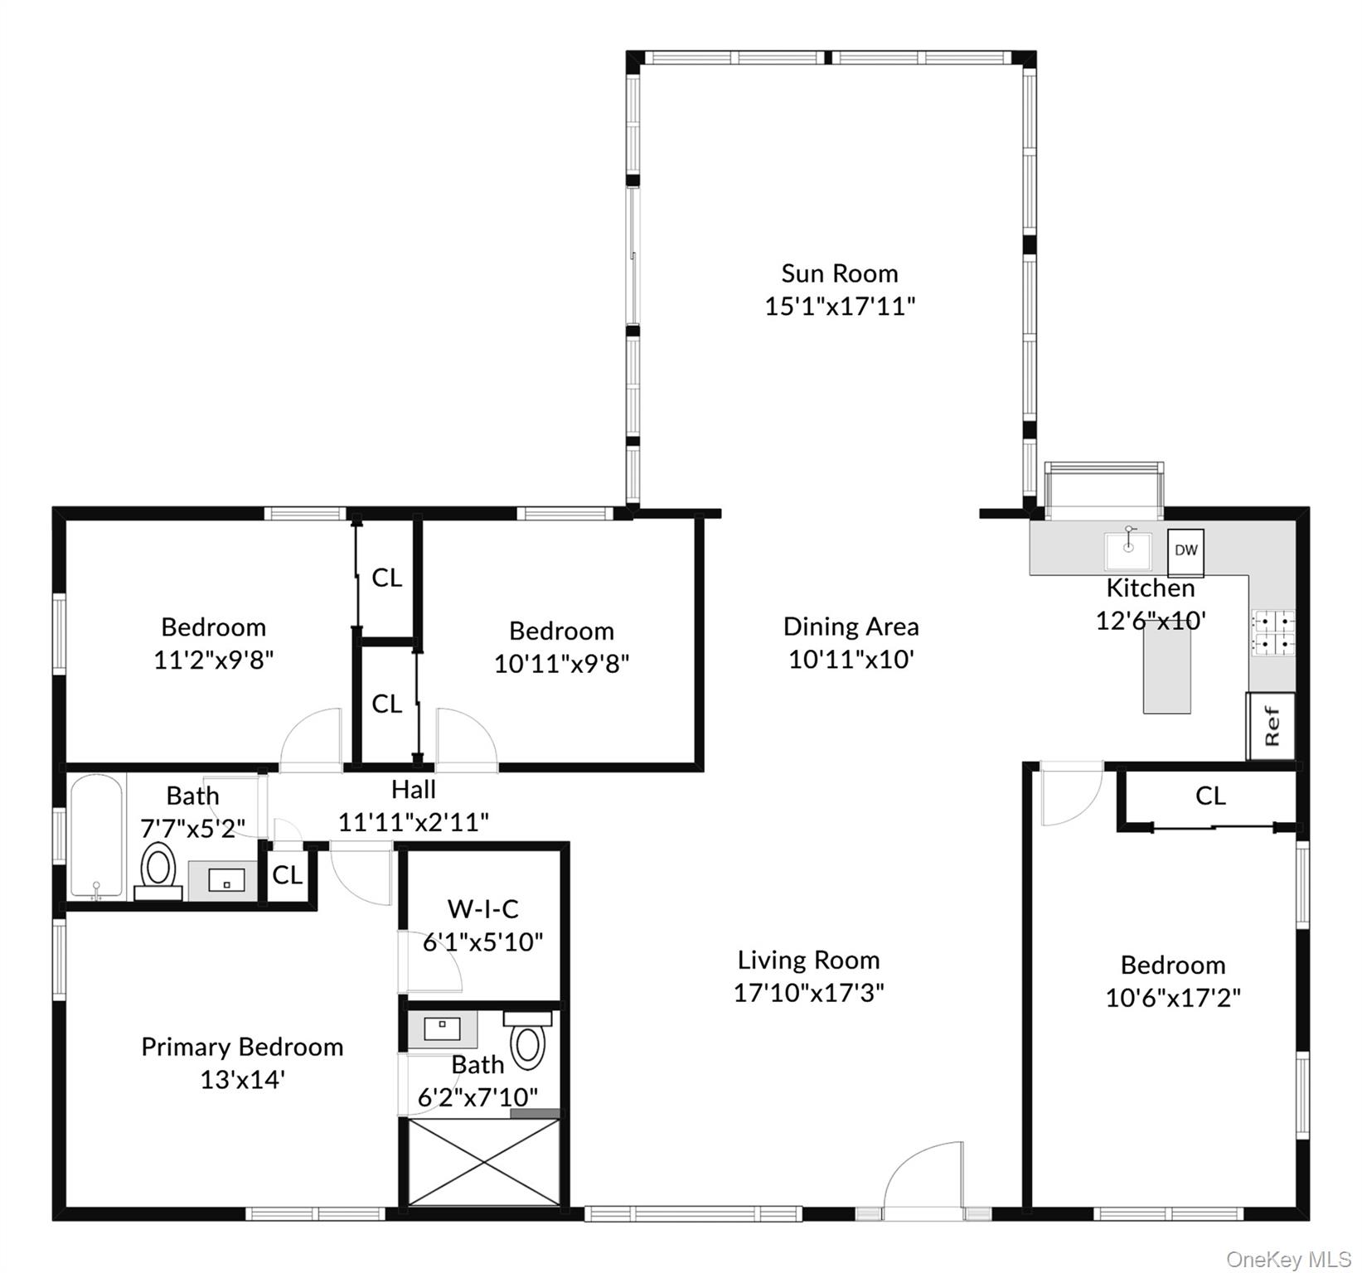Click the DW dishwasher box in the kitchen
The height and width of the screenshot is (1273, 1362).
[x=1186, y=552]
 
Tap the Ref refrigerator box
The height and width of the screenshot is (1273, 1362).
[x=1272, y=726]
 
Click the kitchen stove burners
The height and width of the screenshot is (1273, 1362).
[x=1273, y=633]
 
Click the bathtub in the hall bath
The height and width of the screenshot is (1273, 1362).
[x=97, y=837]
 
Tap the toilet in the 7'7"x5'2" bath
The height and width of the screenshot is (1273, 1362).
[x=158, y=871]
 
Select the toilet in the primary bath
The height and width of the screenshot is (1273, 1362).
[x=528, y=1040]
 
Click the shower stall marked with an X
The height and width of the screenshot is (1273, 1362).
[x=484, y=1162]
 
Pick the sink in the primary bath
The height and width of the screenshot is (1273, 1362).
[x=443, y=1029]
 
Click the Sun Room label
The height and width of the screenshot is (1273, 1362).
[x=840, y=273]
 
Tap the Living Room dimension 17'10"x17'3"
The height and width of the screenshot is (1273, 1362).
[x=809, y=993]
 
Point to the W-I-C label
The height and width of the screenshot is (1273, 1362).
[x=483, y=909]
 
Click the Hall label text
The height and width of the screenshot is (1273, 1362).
[x=414, y=789]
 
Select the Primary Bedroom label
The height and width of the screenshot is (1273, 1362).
[x=242, y=1048]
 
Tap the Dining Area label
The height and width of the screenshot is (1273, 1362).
[x=851, y=627]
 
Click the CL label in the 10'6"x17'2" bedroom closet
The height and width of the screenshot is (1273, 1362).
[x=1210, y=796]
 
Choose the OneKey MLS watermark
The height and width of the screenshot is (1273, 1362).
[x=1289, y=1260]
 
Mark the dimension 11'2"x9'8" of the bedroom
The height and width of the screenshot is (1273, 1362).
[x=214, y=661]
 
